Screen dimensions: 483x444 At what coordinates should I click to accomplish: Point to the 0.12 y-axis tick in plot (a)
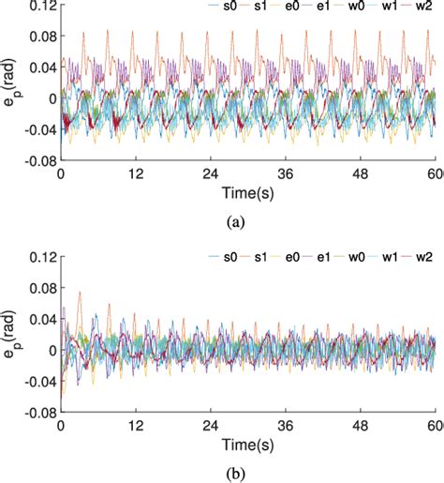[40, 8]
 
